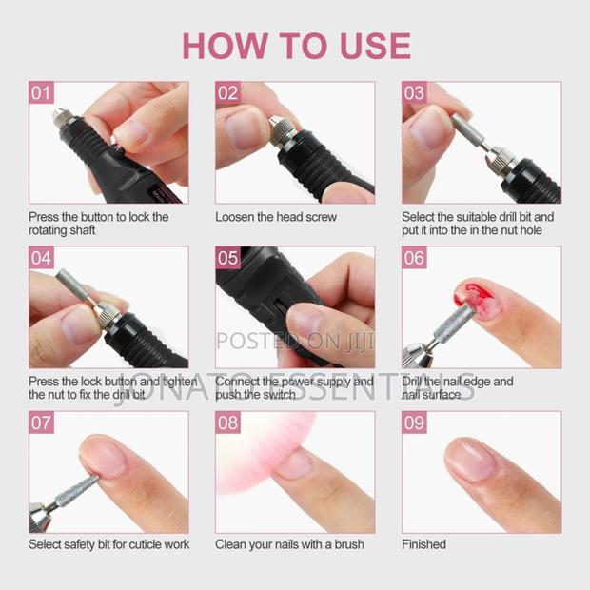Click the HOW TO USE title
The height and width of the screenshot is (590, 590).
(296, 46)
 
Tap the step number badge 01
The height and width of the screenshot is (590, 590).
(41, 93)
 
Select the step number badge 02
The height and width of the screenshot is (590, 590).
(227, 93)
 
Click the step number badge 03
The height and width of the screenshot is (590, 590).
(414, 93)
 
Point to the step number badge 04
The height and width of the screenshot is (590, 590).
(41, 258)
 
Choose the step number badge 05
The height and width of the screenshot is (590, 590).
(227, 258)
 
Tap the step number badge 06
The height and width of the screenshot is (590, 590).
(414, 258)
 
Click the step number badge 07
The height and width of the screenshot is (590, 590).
(41, 423)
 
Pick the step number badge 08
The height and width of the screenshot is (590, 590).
(227, 423)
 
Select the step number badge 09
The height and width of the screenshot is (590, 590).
(414, 423)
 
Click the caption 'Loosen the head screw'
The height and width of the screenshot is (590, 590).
(276, 217)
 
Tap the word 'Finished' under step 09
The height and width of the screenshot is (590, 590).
(423, 544)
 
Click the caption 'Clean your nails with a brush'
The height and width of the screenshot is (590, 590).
(288, 544)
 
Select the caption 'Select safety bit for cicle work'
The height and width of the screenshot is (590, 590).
(108, 544)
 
